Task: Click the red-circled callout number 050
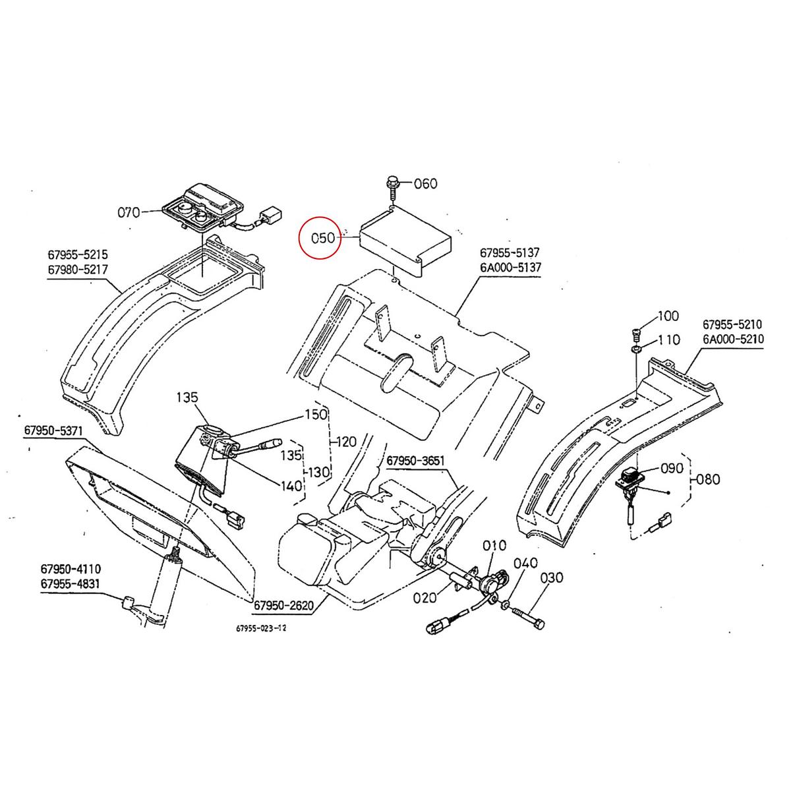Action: (x=323, y=237)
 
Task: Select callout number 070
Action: (x=129, y=212)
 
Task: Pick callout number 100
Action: (x=668, y=316)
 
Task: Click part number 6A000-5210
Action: (x=732, y=339)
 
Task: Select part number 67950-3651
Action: (x=417, y=460)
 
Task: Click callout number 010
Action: (x=494, y=545)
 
